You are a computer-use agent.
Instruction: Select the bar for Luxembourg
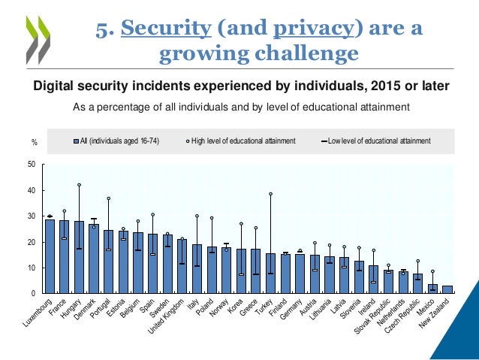coord(50,256)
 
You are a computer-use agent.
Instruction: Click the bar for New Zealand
coord(447,289)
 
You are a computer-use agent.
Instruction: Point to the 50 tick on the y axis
coord(31,165)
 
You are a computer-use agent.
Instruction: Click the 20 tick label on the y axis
coord(31,243)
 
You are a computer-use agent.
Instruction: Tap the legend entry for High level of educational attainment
coord(244,141)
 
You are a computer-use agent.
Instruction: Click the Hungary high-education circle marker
coord(79,185)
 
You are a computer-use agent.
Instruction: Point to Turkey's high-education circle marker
coord(270,194)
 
